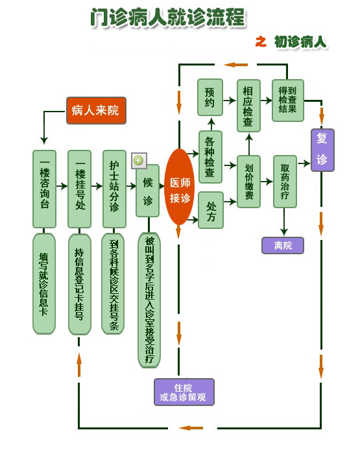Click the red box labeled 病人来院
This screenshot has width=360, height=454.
tap(96, 111)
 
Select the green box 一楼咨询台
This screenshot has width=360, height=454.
tap(44, 189)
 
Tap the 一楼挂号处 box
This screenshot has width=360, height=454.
tap(79, 189)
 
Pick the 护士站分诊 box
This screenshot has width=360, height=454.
tap(114, 189)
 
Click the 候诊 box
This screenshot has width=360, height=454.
tap(148, 191)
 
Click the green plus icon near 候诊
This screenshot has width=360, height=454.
tap(139, 160)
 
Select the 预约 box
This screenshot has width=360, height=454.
tap(210, 97)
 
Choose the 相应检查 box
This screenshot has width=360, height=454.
tap(248, 106)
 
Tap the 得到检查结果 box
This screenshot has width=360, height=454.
tap(288, 100)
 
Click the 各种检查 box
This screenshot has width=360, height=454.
tap(211, 157)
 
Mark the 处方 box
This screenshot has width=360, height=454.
tap(211, 210)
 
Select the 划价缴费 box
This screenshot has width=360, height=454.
tap(249, 182)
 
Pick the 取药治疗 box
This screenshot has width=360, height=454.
tap(285, 182)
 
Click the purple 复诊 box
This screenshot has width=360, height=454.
tap(322, 150)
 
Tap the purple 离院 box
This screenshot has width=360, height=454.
tap(283, 246)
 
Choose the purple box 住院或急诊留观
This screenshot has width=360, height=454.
tap(184, 392)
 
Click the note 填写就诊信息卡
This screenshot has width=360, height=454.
tap(44, 284)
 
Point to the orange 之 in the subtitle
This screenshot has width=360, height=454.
tap(261, 42)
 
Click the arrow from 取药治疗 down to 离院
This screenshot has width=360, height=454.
tap(284, 222)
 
